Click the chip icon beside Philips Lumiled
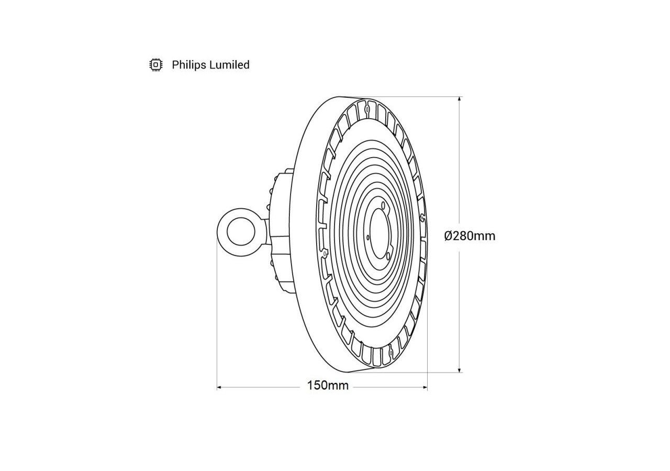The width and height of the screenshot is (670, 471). click(155, 65)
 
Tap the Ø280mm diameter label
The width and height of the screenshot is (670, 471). click(470, 236)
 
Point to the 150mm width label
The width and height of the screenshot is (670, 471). click(328, 386)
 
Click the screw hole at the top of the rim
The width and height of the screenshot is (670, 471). click(368, 109)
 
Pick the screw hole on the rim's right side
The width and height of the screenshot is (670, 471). click(422, 216)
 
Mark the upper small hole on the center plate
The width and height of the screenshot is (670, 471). click(383, 205)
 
